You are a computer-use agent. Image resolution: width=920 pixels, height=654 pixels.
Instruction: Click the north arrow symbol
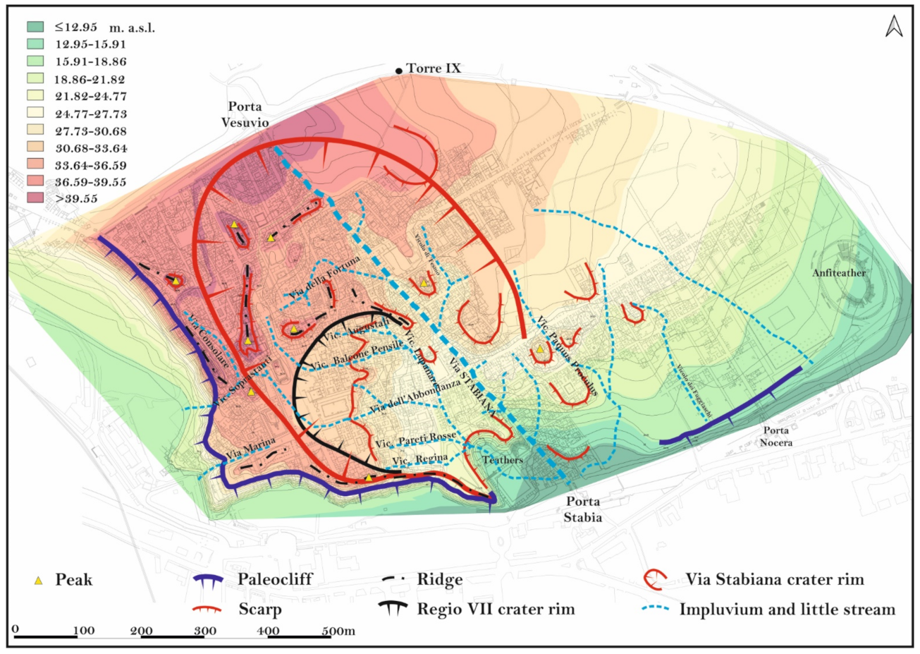(894, 27)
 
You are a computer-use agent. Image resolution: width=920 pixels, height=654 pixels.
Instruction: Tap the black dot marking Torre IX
(399, 71)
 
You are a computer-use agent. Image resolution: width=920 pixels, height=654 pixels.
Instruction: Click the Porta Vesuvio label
(245, 114)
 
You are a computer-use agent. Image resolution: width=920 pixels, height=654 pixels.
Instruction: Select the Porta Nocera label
(775, 437)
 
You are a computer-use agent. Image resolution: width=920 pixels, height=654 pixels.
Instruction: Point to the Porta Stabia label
(582, 509)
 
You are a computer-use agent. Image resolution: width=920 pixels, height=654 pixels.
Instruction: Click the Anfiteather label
(839, 273)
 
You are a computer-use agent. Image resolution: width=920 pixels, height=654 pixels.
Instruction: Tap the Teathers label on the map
(503, 460)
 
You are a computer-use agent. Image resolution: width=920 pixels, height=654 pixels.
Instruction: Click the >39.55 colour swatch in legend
(36, 199)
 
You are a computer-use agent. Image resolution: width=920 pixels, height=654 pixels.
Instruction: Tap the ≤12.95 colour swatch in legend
(36, 28)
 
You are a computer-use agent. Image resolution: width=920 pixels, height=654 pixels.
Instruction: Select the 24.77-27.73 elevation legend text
(91, 114)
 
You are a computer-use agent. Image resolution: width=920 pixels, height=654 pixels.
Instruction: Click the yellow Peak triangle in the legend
(39, 580)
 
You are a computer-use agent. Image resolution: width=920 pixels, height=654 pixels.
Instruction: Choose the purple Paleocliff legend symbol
(208, 580)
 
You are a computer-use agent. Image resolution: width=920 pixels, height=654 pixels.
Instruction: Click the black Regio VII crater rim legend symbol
(393, 609)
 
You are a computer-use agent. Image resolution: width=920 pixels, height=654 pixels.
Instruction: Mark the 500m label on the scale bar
(338, 631)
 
